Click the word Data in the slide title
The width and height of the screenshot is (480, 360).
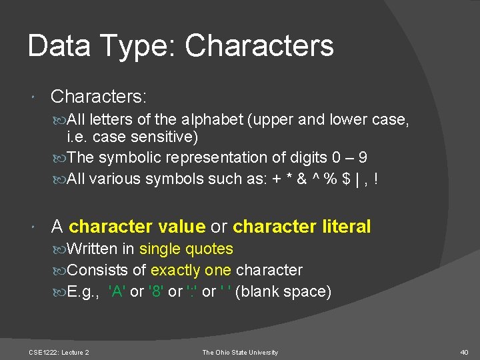pos(59,45)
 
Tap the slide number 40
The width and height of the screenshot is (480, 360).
pos(465,352)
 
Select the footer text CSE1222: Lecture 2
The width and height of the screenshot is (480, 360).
pos(59,352)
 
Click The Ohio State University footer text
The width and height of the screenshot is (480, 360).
pos(240,352)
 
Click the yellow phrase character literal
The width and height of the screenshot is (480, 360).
pos(301,227)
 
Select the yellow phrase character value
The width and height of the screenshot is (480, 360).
pos(137,227)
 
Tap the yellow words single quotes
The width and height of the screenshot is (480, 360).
pos(186,249)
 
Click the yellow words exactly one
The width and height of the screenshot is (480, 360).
pos(191,271)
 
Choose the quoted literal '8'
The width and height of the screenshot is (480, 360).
pos(156,292)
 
